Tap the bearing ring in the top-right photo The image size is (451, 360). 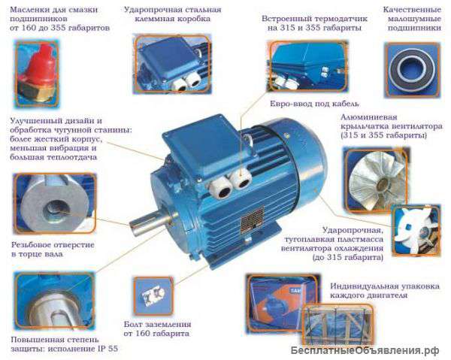pyautogui.click(x=412, y=69)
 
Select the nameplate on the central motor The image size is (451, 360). pyautogui.click(x=253, y=219)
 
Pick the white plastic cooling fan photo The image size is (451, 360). pyautogui.click(x=416, y=231)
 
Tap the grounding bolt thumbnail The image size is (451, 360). pyautogui.click(x=153, y=295)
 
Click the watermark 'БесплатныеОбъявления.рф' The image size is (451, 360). pyautogui.click(x=365, y=350)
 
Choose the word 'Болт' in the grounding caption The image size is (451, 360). pyautogui.click(x=133, y=325)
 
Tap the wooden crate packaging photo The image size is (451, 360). pyautogui.click(x=337, y=325)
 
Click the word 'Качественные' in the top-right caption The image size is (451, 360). pyautogui.click(x=412, y=10)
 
